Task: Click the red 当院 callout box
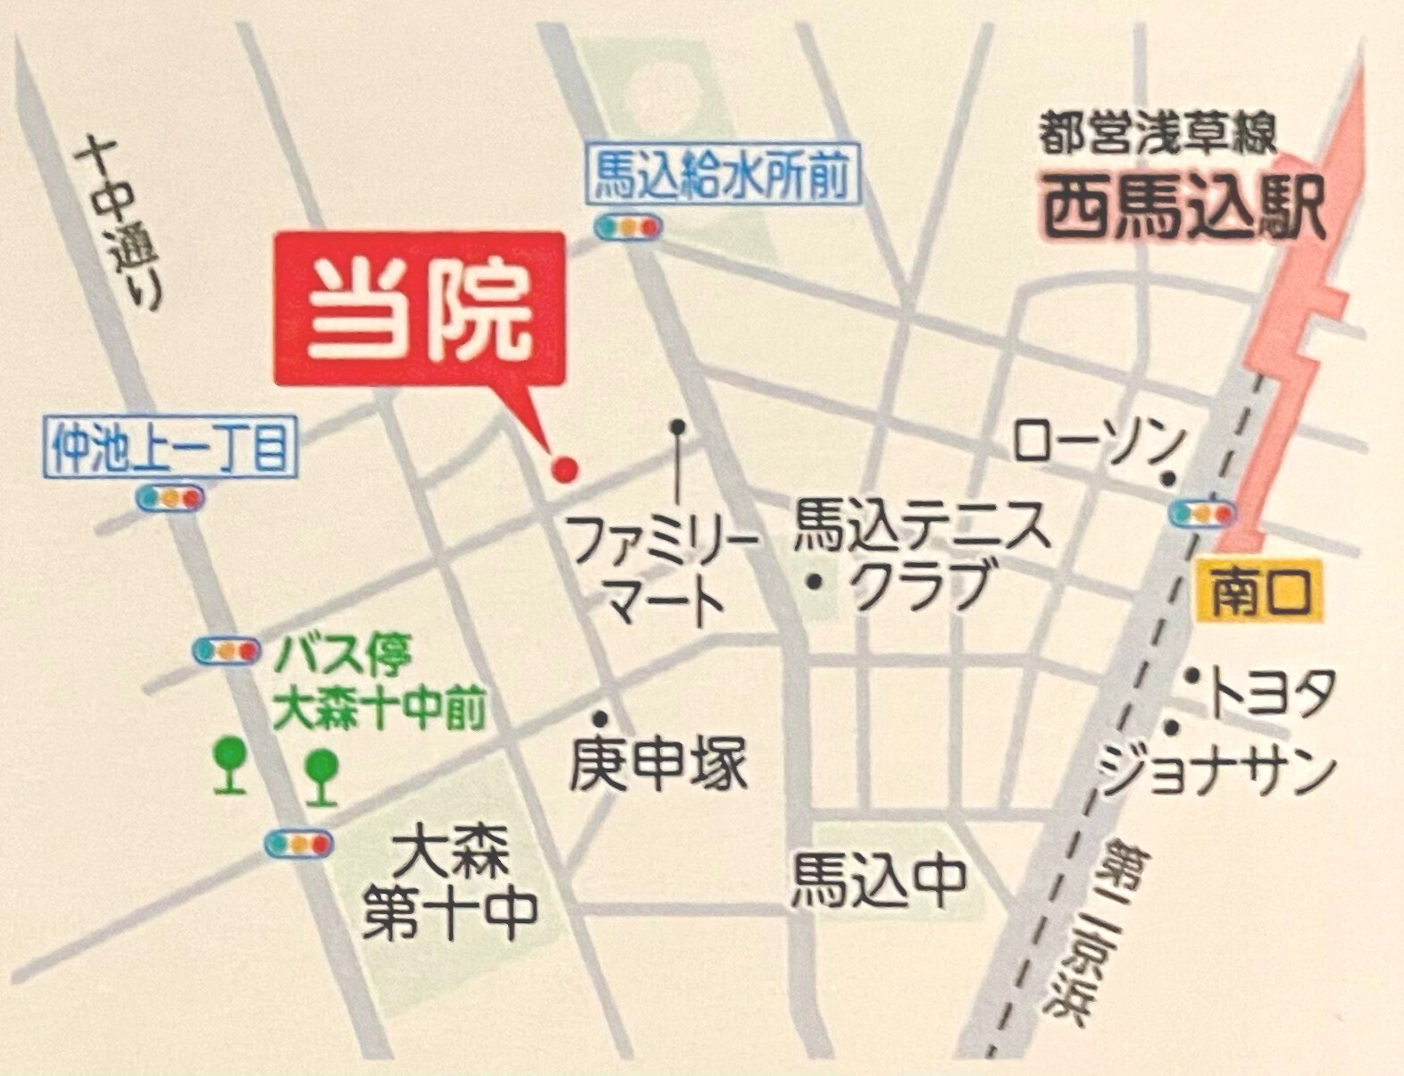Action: click(x=420, y=308)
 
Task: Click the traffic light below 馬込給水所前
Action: click(x=628, y=227)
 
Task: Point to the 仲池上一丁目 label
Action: click(x=170, y=448)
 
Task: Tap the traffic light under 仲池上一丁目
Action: click(x=171, y=498)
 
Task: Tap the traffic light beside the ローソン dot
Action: click(x=1202, y=514)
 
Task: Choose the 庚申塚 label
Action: click(x=659, y=765)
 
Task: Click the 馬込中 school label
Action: click(x=881, y=879)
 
